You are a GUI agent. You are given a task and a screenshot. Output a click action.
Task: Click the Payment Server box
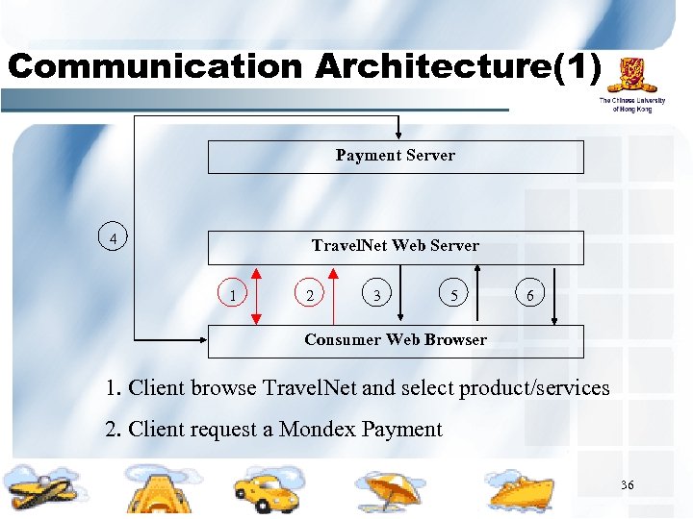click(x=396, y=157)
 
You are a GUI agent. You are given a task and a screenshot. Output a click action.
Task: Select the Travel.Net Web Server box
click(x=396, y=246)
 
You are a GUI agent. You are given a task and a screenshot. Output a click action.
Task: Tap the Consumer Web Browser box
click(x=396, y=340)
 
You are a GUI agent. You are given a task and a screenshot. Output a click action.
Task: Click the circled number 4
click(x=114, y=236)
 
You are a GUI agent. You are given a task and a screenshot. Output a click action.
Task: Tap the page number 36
click(x=627, y=485)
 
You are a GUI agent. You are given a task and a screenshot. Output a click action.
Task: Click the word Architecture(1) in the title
click(x=457, y=66)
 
